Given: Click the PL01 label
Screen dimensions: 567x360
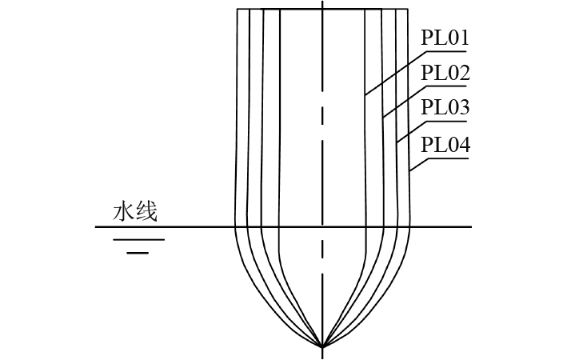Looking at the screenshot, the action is [x=445, y=38].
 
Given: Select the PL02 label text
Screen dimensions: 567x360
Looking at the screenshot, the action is [x=445, y=73].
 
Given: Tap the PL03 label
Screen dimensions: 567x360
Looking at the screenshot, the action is [x=445, y=108].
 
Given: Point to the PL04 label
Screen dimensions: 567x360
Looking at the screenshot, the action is [x=445, y=146].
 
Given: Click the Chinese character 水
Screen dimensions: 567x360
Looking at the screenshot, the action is [x=122, y=212].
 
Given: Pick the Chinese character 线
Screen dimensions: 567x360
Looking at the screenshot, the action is [x=146, y=212].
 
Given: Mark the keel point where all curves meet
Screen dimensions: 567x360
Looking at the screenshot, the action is [x=322, y=346].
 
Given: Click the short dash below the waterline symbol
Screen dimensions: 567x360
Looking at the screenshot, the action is [x=138, y=252].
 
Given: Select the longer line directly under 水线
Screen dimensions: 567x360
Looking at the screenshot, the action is [x=138, y=239].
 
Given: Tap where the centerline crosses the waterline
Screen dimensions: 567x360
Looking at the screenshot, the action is [x=322, y=227].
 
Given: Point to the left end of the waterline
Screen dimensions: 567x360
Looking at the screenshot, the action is [x=96, y=227].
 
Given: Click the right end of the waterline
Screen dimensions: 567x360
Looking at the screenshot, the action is [x=471, y=227].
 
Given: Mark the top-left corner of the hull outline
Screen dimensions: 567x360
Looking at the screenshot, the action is [x=238, y=9].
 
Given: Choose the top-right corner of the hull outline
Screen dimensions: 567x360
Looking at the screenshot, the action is [x=409, y=9].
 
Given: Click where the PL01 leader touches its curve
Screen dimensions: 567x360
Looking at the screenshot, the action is [x=365, y=95].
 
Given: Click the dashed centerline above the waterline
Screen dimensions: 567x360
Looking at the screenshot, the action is [x=322, y=120].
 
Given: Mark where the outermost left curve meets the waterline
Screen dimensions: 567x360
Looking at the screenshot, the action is [x=234, y=227].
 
